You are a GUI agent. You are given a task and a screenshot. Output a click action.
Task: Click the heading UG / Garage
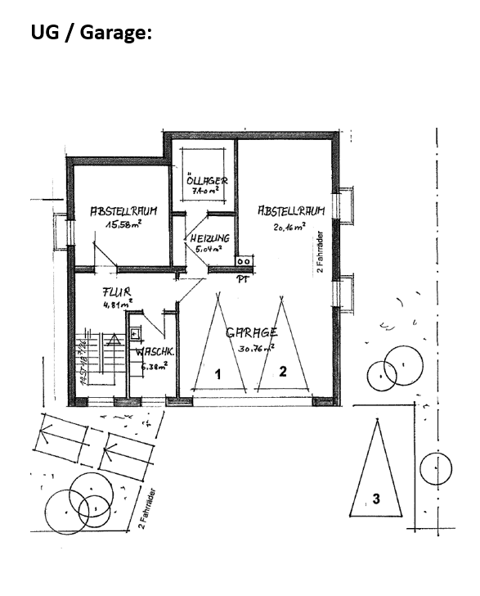[92, 33]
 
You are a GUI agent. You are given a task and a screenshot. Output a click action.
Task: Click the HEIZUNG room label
[210, 238]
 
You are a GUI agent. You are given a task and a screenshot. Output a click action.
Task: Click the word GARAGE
[252, 332]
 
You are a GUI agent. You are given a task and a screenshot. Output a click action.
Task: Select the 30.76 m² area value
[256, 346]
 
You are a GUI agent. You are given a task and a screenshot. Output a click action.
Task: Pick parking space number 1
[218, 373]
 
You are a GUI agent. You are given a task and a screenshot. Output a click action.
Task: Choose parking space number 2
[283, 371]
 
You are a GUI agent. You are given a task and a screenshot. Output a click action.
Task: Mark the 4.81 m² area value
[117, 304]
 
